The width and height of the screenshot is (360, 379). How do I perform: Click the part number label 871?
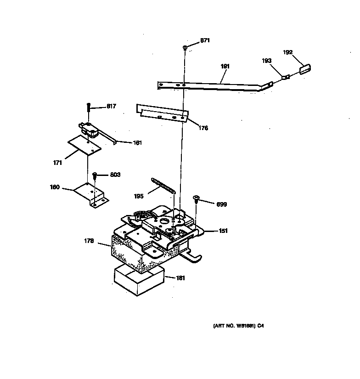[x=205, y=40]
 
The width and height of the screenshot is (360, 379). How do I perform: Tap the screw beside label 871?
[x=184, y=47]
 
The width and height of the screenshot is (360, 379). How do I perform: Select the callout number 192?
[x=288, y=52]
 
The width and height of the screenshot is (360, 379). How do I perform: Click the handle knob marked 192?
[x=305, y=68]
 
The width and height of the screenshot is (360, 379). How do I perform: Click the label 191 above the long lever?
[x=225, y=66]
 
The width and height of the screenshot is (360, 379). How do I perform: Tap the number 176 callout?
[x=203, y=128]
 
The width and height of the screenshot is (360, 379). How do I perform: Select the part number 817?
[x=111, y=106]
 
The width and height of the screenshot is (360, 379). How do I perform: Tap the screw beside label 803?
[x=95, y=176]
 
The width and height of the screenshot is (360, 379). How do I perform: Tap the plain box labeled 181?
[x=138, y=279]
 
